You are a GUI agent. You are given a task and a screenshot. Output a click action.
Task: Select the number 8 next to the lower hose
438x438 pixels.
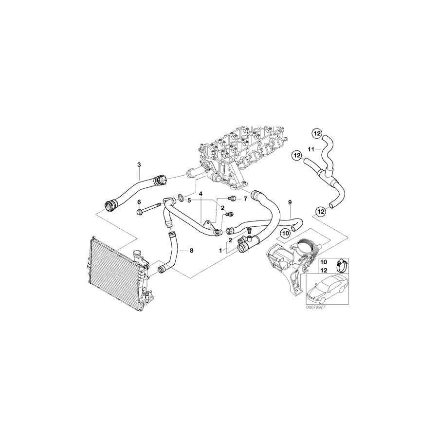click(x=191, y=251)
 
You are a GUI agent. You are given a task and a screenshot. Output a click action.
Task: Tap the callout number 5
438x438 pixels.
click(x=189, y=200)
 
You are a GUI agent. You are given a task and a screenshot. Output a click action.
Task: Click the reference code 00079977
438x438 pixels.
click(x=315, y=308)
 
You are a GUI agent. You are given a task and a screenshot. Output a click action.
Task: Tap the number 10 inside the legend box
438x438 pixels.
click(x=323, y=262)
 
